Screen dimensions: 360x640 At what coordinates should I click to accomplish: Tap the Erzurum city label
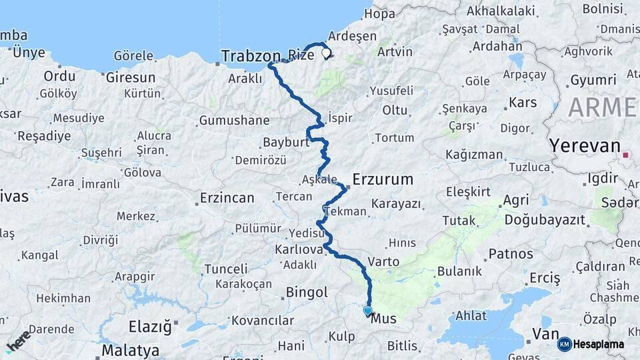click(383, 179)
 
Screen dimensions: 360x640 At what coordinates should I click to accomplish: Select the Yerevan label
click(584, 146)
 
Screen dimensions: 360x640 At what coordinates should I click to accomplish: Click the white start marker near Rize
click(326, 53)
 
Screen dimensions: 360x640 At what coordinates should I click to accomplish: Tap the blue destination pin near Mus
click(367, 310)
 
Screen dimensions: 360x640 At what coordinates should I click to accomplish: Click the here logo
click(18, 341)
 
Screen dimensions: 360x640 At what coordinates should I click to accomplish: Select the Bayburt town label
click(287, 143)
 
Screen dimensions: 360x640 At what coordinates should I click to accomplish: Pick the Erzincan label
click(227, 198)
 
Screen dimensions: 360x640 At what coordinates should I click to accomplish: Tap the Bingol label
click(307, 292)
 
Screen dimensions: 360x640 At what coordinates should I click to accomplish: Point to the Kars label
click(523, 103)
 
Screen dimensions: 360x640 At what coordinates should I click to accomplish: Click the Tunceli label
click(225, 269)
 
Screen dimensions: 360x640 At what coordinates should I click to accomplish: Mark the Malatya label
click(130, 350)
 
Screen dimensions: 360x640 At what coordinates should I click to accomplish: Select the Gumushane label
click(234, 121)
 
